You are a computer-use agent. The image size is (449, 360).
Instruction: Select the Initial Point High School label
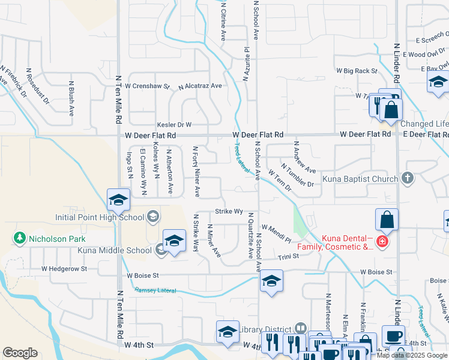coord(99,217)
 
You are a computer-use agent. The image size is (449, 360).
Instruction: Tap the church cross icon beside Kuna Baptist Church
coord(408,178)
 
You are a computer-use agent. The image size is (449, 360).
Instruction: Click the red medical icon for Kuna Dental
coord(382,242)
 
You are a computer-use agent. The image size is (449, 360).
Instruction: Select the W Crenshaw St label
coord(148,86)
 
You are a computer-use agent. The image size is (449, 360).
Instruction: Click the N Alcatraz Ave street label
coord(200,86)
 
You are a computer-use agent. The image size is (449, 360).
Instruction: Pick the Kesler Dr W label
coord(173,125)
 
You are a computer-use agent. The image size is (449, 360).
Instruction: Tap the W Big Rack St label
coord(357,71)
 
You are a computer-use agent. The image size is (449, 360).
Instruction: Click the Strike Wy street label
coord(229,212)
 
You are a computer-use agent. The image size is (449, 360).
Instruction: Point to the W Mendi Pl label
coord(277,233)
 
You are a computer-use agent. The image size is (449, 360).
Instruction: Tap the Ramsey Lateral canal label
coord(155,290)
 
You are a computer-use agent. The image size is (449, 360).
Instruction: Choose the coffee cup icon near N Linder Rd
coord(393,336)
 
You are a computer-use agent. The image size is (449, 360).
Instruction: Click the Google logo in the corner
coord(20,353)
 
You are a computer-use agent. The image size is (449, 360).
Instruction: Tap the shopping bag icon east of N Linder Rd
coord(387,221)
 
